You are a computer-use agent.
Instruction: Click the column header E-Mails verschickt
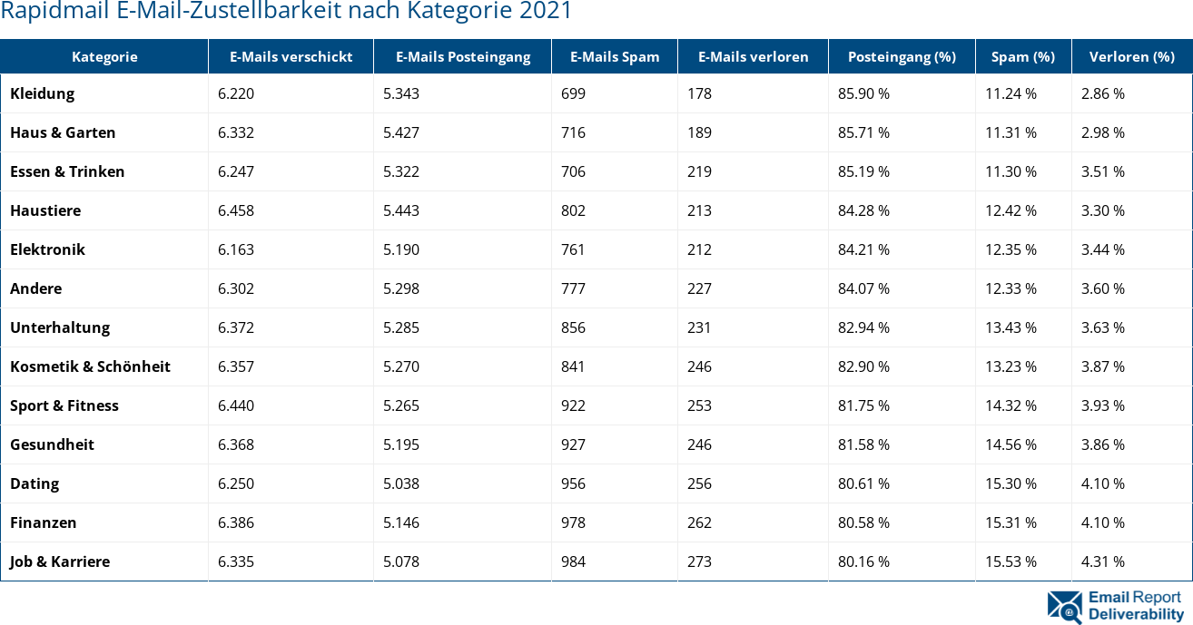click(291, 56)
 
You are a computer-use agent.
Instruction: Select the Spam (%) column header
click(1022, 56)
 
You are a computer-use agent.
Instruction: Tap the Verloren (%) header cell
click(1131, 56)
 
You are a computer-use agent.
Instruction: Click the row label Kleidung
click(43, 93)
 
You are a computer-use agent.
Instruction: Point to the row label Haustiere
click(45, 210)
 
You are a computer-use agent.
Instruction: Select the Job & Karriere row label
click(60, 562)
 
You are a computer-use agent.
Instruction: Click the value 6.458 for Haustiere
click(236, 210)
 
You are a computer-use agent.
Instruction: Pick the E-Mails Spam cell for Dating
click(573, 483)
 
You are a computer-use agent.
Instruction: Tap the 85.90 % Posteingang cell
click(863, 93)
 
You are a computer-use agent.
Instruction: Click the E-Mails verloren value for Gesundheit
click(699, 444)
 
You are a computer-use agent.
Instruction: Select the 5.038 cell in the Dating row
click(401, 483)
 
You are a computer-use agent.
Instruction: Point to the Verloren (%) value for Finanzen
click(1102, 522)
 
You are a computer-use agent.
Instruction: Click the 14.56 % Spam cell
click(1011, 444)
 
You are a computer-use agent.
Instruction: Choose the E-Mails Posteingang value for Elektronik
click(401, 249)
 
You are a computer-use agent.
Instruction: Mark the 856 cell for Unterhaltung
click(573, 327)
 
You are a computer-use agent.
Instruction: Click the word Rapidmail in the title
click(45, 12)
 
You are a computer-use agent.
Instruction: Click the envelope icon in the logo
click(1064, 606)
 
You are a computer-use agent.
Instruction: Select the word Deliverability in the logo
click(1136, 614)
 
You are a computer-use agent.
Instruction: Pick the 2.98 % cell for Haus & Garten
click(1102, 132)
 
